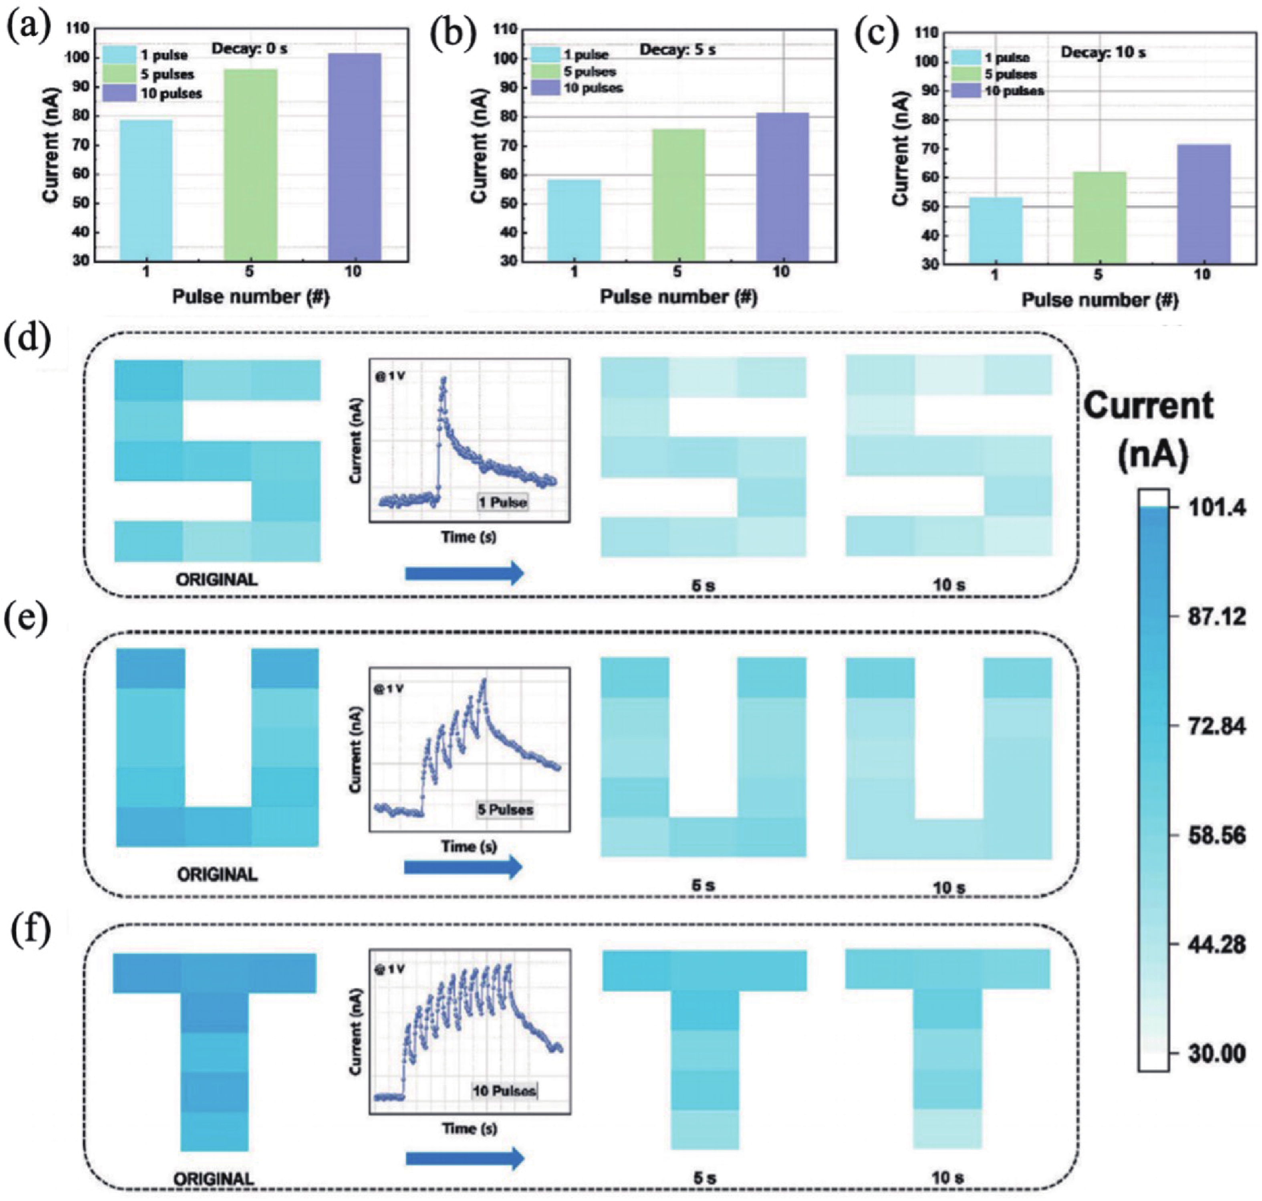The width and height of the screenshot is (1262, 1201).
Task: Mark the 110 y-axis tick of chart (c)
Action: [x=927, y=32]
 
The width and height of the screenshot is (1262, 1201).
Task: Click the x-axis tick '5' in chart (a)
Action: [x=250, y=271]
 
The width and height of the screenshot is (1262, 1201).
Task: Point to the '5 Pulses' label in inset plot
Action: [x=505, y=810]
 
